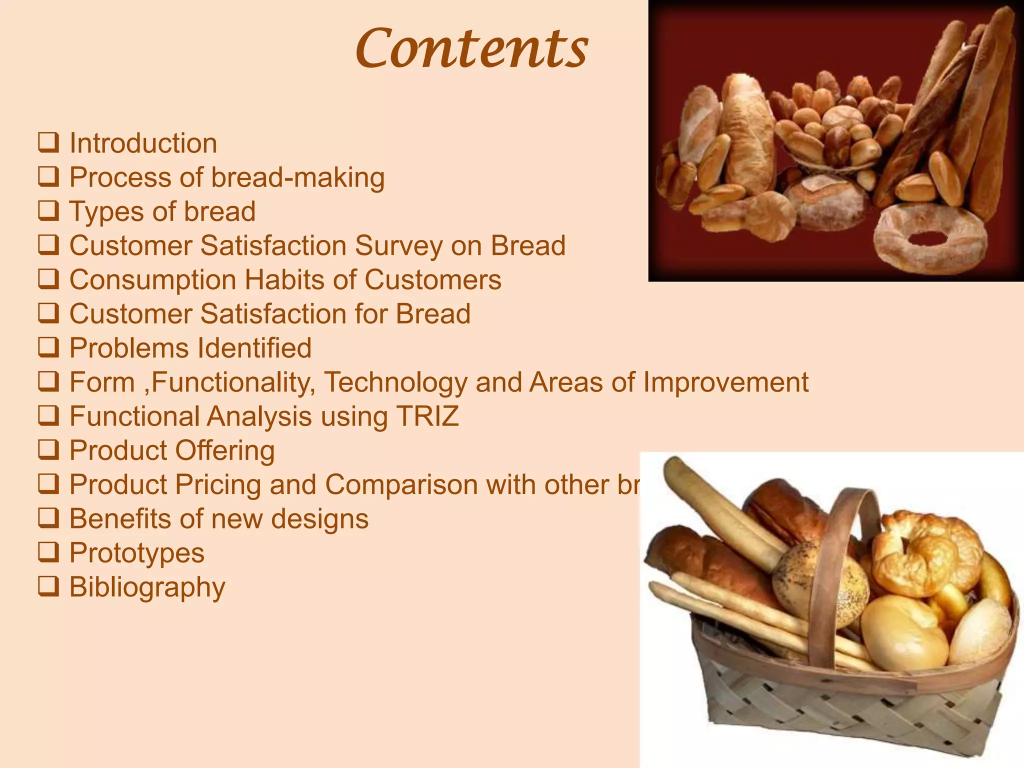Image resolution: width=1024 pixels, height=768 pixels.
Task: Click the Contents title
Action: (471, 48)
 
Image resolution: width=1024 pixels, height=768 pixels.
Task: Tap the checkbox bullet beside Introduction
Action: (48, 143)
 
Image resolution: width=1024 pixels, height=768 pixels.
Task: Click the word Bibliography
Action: (147, 587)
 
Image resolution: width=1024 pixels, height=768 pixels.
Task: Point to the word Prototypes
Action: (136, 553)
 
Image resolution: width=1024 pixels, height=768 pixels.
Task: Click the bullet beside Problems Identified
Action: (48, 347)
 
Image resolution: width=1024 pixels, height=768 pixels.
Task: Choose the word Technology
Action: (396, 382)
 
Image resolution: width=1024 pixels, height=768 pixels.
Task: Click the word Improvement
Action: (725, 382)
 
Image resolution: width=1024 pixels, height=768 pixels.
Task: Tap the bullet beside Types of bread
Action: (48, 211)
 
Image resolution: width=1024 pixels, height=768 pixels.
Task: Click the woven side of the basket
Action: (850, 710)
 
